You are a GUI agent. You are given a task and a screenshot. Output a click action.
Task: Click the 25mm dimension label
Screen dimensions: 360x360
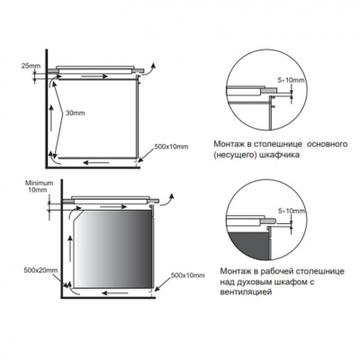(x=31, y=66)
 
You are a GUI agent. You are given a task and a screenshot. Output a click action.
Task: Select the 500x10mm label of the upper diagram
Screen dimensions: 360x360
(x=171, y=147)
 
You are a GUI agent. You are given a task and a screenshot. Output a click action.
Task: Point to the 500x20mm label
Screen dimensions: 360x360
(x=40, y=270)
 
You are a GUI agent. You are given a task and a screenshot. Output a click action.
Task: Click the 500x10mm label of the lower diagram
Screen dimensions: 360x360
(x=188, y=275)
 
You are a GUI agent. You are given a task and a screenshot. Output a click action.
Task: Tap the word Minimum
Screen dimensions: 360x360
(x=40, y=183)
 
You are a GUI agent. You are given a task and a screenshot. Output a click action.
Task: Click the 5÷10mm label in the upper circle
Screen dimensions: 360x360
(x=292, y=80)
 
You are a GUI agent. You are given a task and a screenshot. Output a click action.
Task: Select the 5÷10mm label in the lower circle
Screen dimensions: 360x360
(x=292, y=211)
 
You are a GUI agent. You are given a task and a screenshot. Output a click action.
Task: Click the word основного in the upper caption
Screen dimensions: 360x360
(x=328, y=144)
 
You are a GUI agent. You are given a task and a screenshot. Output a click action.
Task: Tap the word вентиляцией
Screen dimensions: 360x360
(x=243, y=292)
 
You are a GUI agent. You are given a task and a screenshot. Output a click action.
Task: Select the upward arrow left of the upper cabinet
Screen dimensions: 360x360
(x=51, y=118)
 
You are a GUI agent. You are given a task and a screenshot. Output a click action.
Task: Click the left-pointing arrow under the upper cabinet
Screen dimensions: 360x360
(x=96, y=163)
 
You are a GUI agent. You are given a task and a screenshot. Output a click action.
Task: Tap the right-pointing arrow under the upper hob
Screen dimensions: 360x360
(x=94, y=76)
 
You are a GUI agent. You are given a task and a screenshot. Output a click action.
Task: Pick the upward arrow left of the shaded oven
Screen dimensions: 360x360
(x=70, y=248)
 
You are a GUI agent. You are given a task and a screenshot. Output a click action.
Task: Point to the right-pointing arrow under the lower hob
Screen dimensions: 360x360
(x=113, y=207)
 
